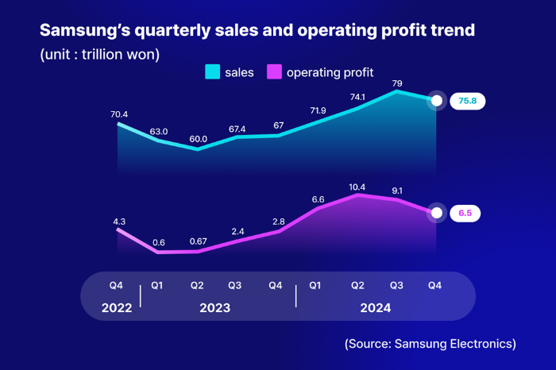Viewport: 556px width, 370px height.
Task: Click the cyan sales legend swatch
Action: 212,71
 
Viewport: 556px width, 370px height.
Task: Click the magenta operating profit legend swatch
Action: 274,71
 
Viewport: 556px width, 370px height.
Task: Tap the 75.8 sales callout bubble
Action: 467,101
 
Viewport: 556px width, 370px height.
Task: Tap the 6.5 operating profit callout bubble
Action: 465,213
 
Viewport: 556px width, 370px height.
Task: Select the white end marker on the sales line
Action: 437,101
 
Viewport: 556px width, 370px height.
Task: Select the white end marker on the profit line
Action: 437,213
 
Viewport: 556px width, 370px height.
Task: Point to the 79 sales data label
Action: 397,83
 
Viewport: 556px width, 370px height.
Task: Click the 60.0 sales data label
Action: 199,139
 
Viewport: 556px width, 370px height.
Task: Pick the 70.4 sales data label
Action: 119,114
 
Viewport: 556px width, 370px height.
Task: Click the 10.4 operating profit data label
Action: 357,187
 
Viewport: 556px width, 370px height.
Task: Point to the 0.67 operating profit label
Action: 199,241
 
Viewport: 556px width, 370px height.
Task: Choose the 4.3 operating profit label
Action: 119,222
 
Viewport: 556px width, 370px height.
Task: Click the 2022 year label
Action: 117,307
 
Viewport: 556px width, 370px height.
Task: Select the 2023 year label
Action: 215,307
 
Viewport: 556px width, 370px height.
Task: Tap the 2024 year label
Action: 376,307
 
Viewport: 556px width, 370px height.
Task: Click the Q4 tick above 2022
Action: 116,285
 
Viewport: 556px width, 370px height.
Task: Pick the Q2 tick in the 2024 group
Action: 357,285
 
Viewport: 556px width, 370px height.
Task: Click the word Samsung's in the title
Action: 85,30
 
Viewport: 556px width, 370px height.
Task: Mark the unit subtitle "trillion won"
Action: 118,55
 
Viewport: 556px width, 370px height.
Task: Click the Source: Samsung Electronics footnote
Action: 431,344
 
